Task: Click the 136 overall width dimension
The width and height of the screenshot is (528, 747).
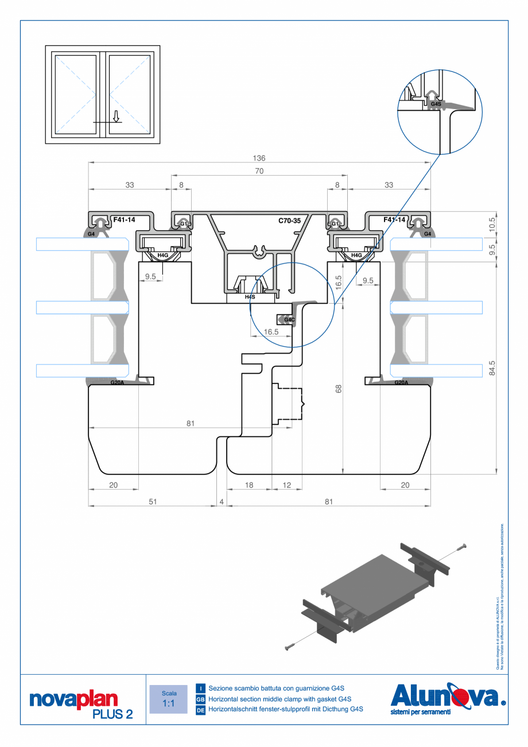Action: tap(259, 158)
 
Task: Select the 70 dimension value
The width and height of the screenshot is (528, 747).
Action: tap(259, 171)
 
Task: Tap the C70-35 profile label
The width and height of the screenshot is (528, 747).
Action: tap(289, 220)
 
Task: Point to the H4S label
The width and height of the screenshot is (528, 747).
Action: tap(250, 297)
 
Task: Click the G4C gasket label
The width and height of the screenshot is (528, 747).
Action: tap(289, 319)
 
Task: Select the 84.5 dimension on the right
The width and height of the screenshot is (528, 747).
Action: tap(492, 368)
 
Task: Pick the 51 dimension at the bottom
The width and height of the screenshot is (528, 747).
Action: tap(153, 501)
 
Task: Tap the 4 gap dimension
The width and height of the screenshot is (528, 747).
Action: tap(222, 501)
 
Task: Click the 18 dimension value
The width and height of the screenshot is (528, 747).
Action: tap(249, 485)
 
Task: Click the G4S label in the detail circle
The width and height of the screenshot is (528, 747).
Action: tap(436, 104)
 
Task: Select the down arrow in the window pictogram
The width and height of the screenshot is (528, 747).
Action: tap(116, 117)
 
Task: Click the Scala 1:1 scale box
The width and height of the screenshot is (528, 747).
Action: tap(168, 699)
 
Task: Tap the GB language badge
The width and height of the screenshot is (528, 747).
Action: tap(200, 699)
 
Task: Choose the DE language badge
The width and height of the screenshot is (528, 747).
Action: tap(200, 710)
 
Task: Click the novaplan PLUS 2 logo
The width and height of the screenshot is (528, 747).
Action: tap(81, 704)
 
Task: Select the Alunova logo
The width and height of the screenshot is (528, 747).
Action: tap(447, 699)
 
